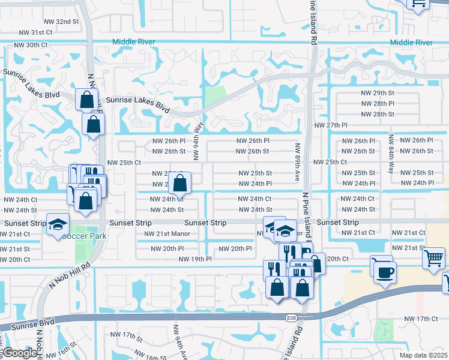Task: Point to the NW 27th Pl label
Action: pyautogui.click(x=331, y=125)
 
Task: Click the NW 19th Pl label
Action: pyautogui.click(x=195, y=259)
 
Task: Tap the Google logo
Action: pyautogui.click(x=20, y=353)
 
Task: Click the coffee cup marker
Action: pyautogui.click(x=384, y=272)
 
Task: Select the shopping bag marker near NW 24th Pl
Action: pyautogui.click(x=179, y=183)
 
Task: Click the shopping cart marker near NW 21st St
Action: pyautogui.click(x=433, y=259)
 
